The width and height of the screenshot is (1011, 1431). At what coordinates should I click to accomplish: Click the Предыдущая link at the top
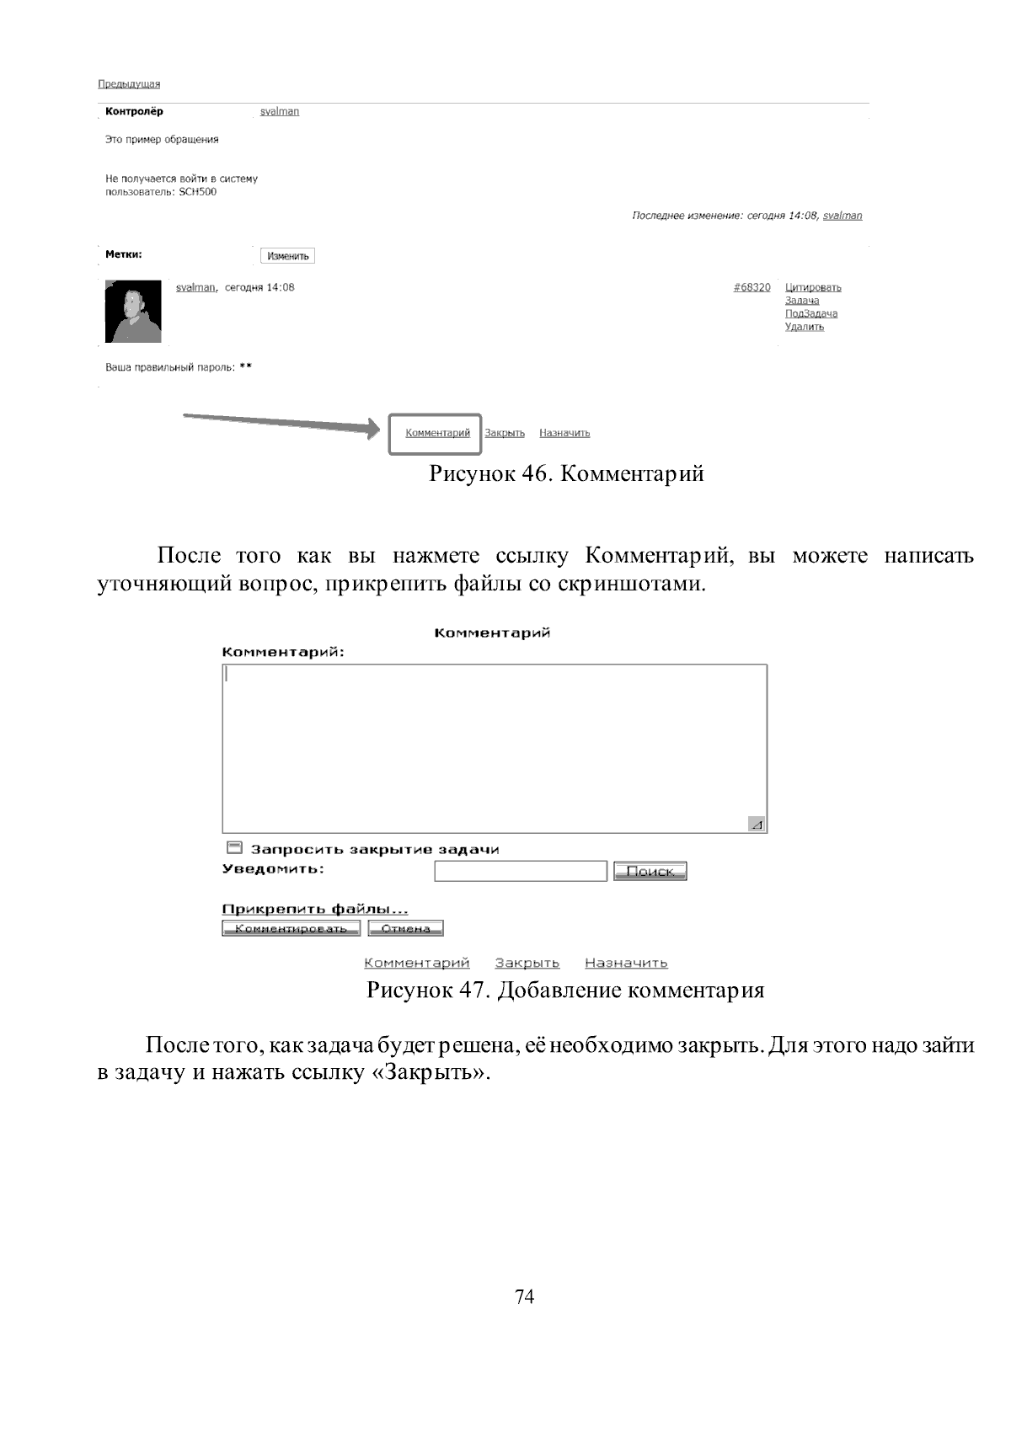(128, 84)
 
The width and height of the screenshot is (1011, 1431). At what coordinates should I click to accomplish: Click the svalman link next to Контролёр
(280, 111)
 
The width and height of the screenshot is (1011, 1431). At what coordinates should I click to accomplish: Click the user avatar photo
(133, 312)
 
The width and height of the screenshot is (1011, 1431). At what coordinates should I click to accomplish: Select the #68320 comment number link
(752, 287)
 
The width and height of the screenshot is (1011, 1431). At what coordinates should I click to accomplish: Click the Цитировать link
(813, 287)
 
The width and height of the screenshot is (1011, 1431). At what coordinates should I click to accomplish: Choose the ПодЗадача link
(810, 313)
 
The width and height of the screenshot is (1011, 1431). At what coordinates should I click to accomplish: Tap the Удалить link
(804, 327)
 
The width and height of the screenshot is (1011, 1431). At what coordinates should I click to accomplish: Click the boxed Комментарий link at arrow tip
(437, 433)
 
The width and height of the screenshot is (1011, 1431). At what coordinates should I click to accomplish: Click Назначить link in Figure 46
(564, 433)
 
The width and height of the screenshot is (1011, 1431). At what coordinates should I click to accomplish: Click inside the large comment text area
(495, 748)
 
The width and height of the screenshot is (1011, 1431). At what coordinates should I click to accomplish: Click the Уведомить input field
(520, 871)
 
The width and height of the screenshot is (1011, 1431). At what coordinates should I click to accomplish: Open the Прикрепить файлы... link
(314, 909)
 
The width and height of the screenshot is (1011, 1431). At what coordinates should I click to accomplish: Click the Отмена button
(405, 928)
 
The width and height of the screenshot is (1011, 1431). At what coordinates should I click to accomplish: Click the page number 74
(524, 1296)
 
